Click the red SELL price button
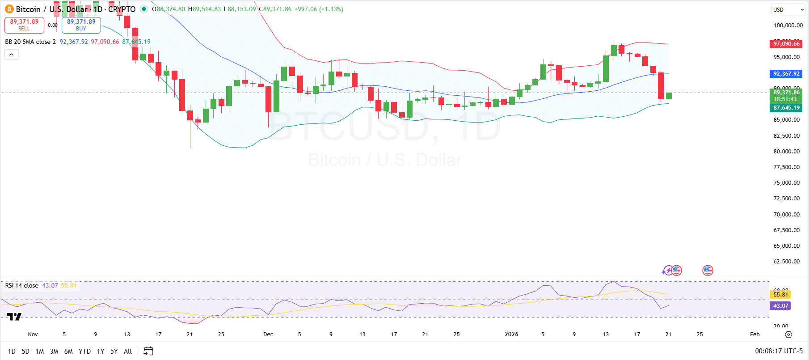pos(24,25)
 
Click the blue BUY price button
pos(81,25)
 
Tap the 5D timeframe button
pos(25,352)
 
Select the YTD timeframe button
pos(84,352)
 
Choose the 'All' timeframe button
pos(128,352)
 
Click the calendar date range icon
pos(148,351)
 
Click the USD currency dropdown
pos(788,9)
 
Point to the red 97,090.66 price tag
pos(786,44)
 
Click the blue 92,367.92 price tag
pos(786,74)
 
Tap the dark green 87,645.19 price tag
pos(786,108)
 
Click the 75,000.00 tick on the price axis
pos(786,183)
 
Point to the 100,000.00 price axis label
pos(788,25)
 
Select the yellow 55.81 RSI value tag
pos(780,294)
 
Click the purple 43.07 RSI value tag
pos(780,306)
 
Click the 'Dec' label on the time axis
pos(268,335)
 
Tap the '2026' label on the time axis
pos(511,335)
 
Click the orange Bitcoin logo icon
pos(9,9)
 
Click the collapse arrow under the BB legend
pos(12,55)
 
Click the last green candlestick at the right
pos(669,96)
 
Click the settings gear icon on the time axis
pos(788,335)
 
